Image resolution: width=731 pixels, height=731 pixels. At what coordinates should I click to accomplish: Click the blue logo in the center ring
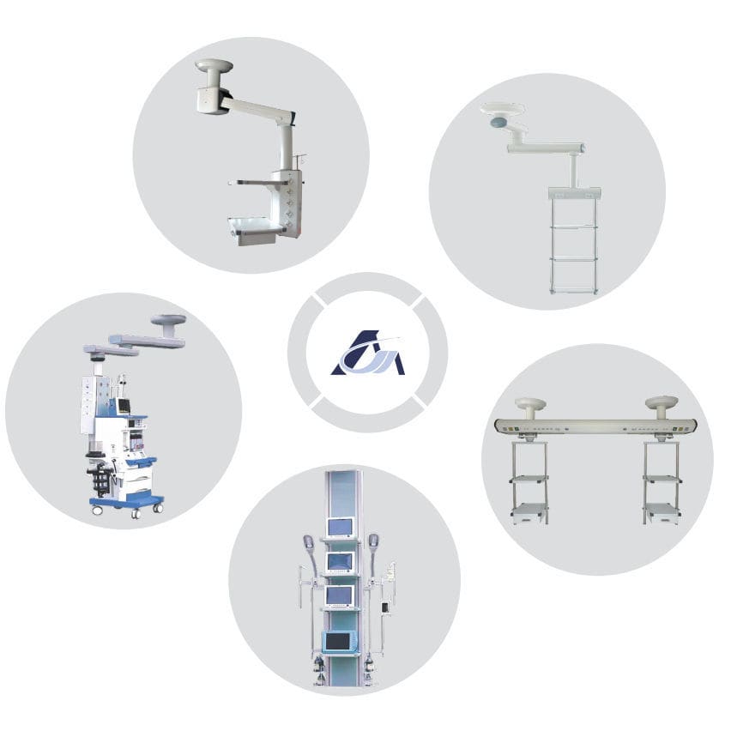point(367,354)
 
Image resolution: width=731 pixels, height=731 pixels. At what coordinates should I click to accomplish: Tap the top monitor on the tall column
point(339,528)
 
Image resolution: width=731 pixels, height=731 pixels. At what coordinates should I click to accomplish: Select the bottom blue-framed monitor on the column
point(339,640)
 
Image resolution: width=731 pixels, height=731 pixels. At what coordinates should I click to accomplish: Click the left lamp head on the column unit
point(307,542)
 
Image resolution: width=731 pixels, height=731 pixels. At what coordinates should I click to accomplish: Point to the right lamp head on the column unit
point(373,541)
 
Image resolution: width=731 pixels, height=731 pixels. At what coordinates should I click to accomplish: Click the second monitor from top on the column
point(339,561)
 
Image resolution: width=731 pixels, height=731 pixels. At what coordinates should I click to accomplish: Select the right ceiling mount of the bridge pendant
point(662,402)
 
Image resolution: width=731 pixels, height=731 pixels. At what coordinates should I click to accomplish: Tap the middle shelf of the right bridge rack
point(662,479)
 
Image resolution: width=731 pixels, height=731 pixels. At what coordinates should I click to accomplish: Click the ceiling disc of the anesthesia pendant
point(168,321)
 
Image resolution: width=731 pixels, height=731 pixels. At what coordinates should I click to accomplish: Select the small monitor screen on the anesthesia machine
point(124,405)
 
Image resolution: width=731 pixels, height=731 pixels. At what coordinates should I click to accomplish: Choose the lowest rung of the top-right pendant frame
point(572,290)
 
